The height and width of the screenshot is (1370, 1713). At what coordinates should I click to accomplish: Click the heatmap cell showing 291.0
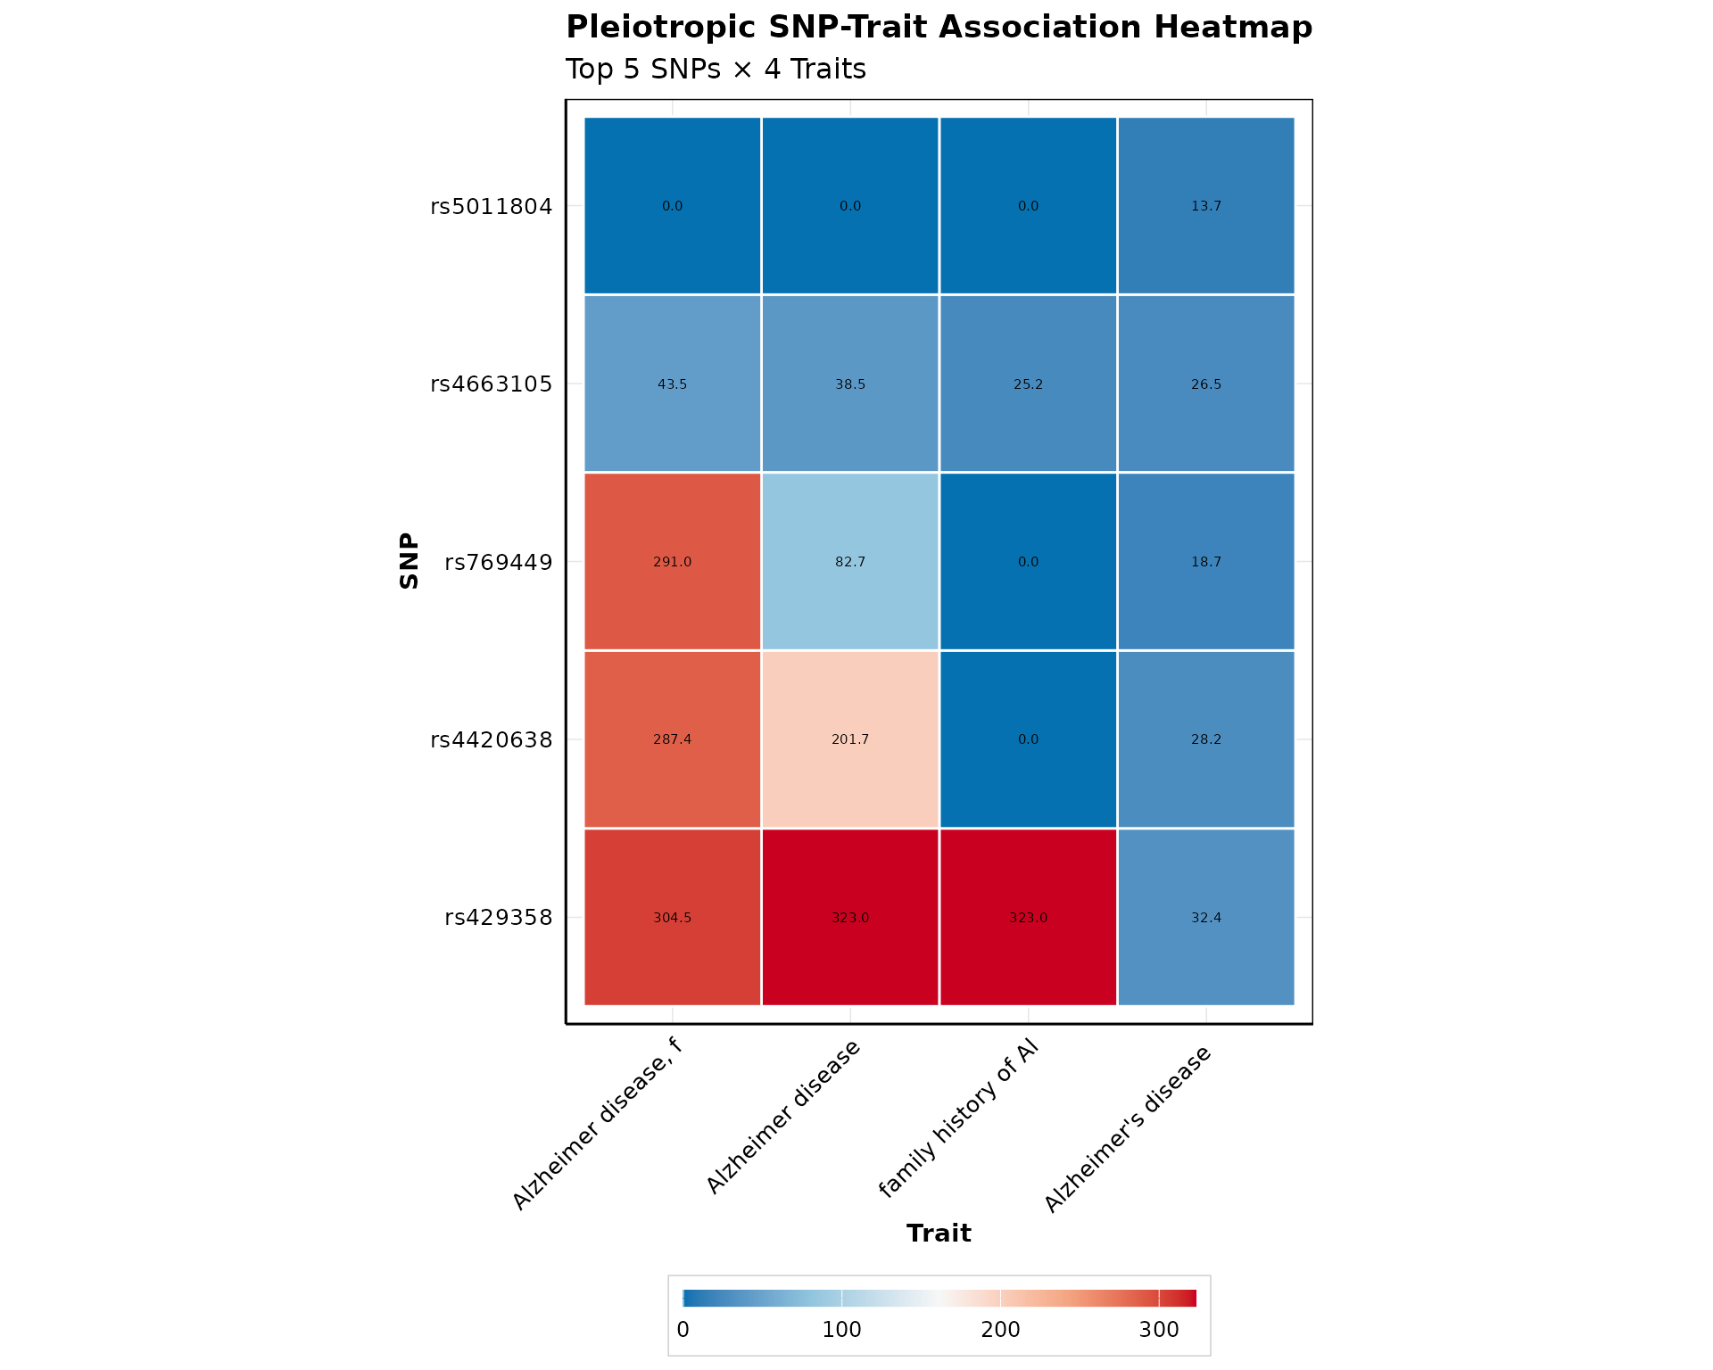(x=672, y=562)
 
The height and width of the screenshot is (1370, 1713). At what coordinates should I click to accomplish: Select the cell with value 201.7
(x=850, y=739)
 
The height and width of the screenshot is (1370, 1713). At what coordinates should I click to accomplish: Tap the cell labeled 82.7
(x=850, y=562)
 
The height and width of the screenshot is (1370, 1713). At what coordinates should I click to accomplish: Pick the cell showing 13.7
(x=1206, y=206)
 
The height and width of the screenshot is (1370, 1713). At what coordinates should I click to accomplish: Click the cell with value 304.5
(x=672, y=917)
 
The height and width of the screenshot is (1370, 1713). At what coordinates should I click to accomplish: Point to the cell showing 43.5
(x=672, y=384)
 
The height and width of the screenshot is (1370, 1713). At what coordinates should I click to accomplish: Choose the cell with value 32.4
(x=1206, y=917)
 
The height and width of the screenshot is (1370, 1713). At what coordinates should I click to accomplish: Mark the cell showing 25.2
(x=1028, y=384)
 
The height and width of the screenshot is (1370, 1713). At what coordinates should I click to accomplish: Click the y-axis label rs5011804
(x=492, y=207)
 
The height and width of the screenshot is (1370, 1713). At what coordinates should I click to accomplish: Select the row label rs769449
(x=499, y=563)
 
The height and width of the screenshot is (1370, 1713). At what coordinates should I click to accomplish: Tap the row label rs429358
(x=499, y=918)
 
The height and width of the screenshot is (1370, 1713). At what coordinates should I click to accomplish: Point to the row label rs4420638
(x=492, y=740)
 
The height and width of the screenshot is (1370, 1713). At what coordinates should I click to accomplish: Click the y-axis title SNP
(x=410, y=561)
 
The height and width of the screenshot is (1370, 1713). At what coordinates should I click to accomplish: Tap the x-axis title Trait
(x=939, y=1234)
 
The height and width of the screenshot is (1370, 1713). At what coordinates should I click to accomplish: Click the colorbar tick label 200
(x=1000, y=1330)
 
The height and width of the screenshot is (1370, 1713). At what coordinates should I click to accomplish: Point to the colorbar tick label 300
(x=1159, y=1330)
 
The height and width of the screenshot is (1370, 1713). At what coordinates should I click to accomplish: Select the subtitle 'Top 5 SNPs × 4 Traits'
(x=716, y=70)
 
